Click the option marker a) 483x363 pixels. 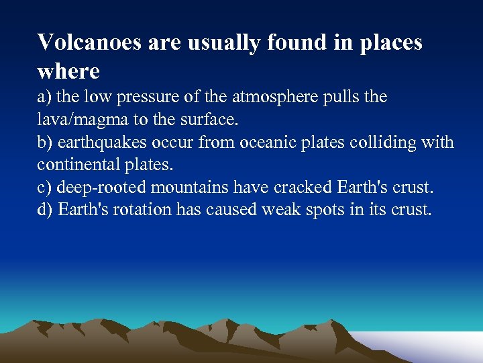click(x=44, y=97)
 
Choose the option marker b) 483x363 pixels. click(x=45, y=143)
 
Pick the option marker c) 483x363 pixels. click(x=44, y=188)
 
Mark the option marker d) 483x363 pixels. click(x=45, y=210)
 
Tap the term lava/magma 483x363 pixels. click(x=78, y=120)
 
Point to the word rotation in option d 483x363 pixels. click(x=142, y=210)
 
